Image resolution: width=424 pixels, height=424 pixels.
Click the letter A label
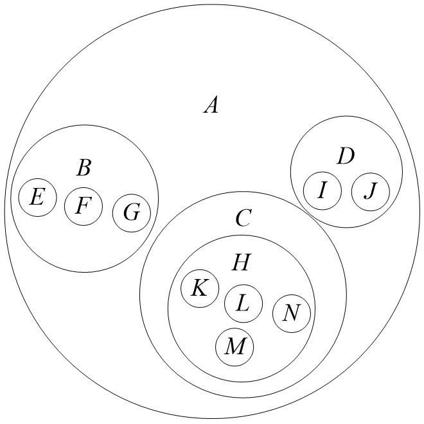211,104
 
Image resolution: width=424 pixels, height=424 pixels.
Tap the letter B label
84,168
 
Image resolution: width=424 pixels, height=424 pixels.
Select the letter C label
242,219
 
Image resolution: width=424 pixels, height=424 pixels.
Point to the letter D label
346,156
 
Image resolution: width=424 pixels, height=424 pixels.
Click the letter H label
240,262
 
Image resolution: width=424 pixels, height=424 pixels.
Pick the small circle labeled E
37,197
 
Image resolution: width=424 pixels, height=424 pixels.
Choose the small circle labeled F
84,206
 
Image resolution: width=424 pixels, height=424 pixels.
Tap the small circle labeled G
132,212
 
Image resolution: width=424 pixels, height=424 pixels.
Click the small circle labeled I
322,191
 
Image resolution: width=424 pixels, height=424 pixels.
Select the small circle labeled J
370,191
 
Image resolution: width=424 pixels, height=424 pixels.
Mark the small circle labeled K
200,288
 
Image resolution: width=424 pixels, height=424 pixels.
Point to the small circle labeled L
243,303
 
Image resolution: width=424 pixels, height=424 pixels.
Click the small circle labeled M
234,347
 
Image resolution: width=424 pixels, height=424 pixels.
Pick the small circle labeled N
292,313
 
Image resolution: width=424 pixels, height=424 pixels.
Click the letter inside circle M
234,347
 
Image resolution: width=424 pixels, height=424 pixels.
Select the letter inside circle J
370,191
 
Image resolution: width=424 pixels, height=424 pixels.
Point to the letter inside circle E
37,197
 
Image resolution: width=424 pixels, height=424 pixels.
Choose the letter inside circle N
292,313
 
